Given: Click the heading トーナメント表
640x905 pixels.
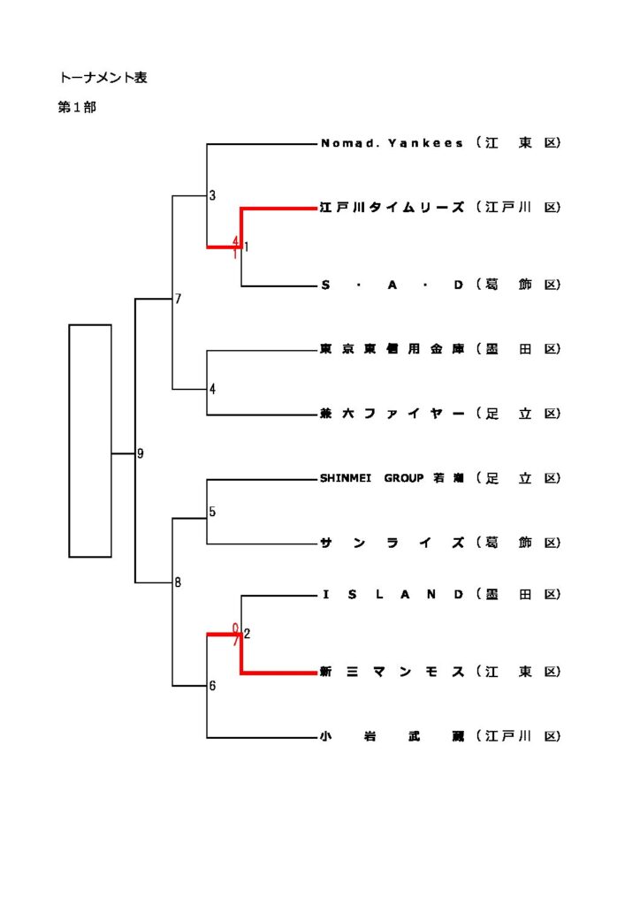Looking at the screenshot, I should point(103,78).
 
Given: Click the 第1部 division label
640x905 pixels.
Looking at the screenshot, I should point(77,108).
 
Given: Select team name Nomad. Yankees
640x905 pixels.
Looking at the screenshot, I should point(392,143).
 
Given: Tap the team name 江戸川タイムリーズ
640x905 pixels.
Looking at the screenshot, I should point(392,208).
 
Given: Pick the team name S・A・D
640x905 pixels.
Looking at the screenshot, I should point(392,285).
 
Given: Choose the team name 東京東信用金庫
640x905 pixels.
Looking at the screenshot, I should point(392,350).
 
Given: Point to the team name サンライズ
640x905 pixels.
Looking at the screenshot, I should point(392,544).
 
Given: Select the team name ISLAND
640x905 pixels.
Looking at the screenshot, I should point(392,595).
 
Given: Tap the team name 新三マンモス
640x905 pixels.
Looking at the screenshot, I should point(392,673).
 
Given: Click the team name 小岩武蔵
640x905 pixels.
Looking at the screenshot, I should point(392,736).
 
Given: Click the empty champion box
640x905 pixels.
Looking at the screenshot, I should point(90,440).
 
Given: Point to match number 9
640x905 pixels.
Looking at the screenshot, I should point(140,454).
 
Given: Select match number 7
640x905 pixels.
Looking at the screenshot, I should point(178,299).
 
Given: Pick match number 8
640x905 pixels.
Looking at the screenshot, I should point(178,582).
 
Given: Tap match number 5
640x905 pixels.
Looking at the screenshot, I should point(212,512).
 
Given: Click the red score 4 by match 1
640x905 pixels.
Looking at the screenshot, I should point(236,240).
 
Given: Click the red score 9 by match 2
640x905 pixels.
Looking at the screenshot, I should point(236,627).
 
